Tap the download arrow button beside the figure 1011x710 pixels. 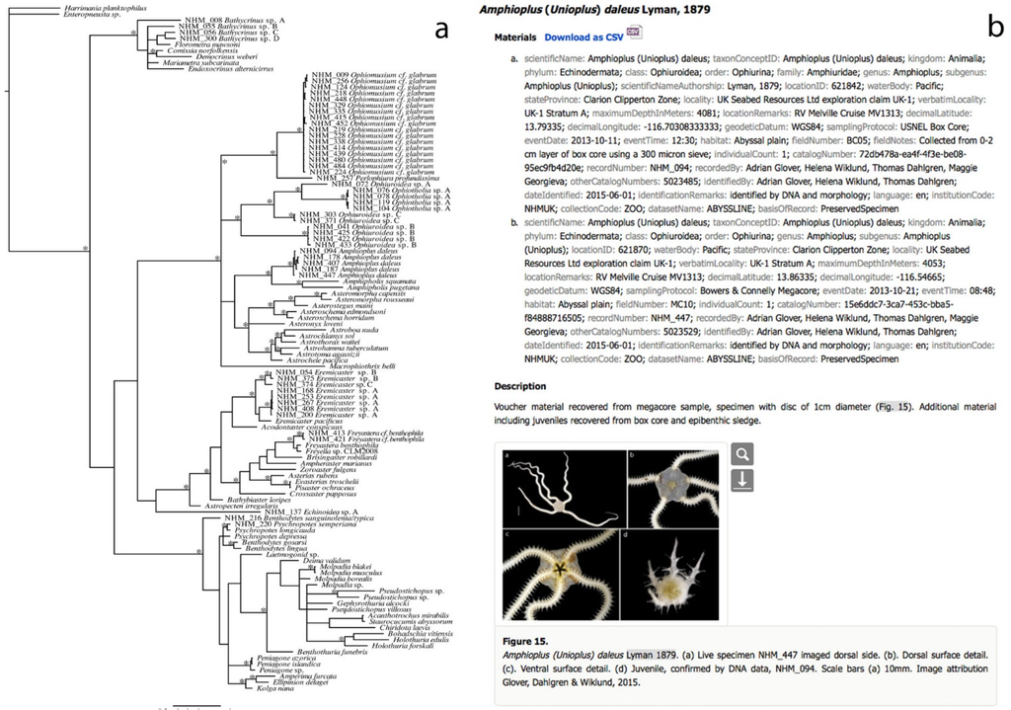742,480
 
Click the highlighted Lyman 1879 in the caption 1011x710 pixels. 650,654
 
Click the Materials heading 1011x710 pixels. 517,36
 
